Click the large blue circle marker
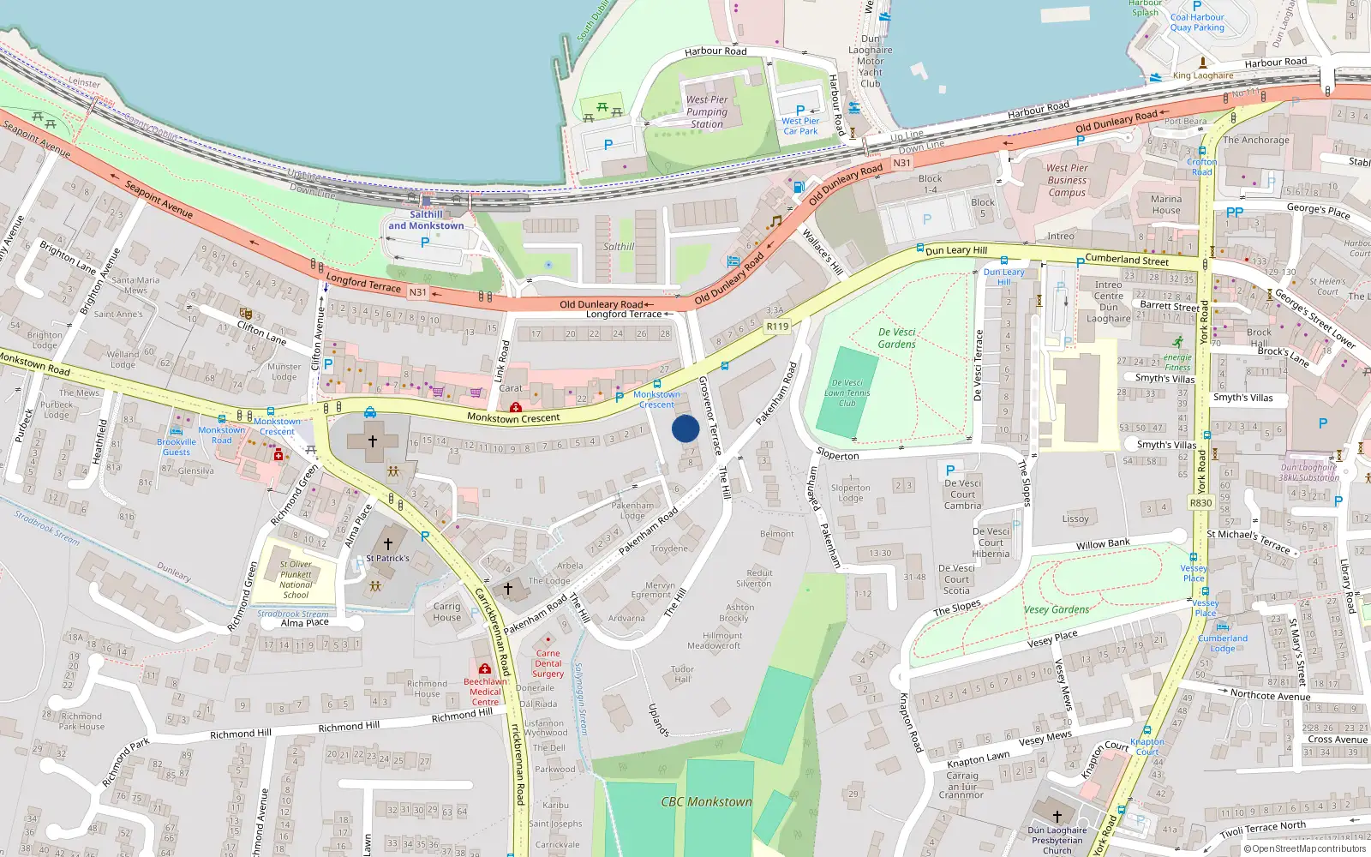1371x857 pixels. pos(685,428)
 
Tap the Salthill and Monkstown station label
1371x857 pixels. pos(426,220)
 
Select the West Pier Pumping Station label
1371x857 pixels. pos(707,111)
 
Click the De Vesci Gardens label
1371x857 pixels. pos(897,338)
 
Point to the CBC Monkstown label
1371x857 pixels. pos(706,802)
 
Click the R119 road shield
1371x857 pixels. pos(777,327)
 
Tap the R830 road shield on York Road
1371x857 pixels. pos(1200,503)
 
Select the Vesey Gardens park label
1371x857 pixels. pos(1057,609)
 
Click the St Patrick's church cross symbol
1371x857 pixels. pos(387,543)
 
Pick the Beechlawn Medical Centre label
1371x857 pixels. pos(485,692)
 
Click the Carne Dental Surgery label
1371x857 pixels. pos(548,663)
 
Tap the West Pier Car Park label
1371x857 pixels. pos(800,126)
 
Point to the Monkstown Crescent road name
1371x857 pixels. pos(513,418)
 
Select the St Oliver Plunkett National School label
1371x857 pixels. pos(296,579)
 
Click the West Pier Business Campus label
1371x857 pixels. pos(1067,180)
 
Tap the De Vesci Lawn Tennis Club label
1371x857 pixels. pos(847,393)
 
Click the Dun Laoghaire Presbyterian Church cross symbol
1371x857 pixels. pos(1057,816)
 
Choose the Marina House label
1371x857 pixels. pos(1166,204)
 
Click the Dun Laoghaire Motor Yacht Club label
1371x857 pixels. pos(870,61)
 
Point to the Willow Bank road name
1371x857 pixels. pos(1103,544)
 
